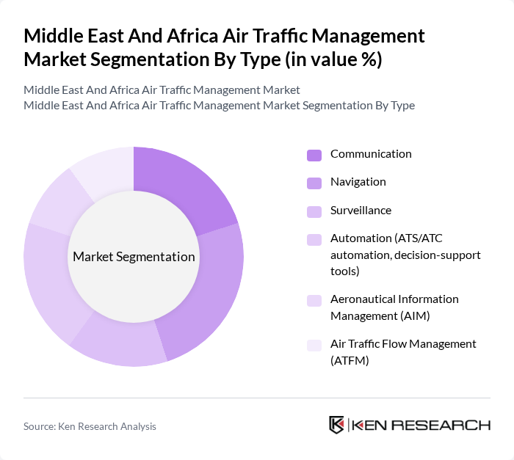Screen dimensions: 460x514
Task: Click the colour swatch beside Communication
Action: click(314, 155)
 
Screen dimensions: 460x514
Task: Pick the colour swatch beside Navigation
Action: click(314, 183)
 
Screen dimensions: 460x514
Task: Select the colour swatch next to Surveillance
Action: click(314, 211)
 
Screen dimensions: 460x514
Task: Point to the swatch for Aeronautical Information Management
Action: click(314, 300)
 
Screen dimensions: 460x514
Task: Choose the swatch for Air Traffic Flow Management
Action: click(314, 345)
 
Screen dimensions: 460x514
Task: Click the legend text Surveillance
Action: click(361, 211)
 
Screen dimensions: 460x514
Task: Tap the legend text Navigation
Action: click(358, 182)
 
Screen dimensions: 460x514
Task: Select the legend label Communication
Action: click(371, 154)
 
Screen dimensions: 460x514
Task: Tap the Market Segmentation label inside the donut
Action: click(134, 257)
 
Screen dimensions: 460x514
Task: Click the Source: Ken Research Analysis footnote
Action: click(90, 426)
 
